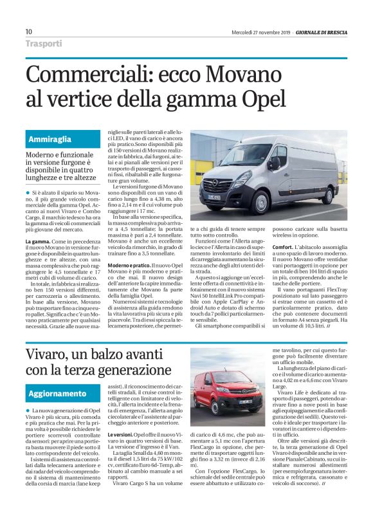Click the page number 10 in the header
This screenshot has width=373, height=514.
click(x=28, y=32)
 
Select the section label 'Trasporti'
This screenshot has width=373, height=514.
click(x=44, y=44)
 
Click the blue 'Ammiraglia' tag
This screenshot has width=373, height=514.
click(x=50, y=139)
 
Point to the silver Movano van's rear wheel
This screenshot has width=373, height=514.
click(x=326, y=192)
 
